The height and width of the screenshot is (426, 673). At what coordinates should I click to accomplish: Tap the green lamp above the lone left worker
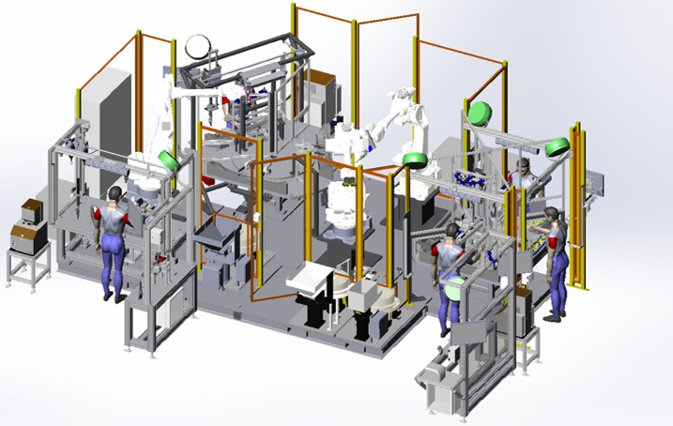[169, 159]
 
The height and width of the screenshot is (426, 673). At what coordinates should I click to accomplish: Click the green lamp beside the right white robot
[415, 159]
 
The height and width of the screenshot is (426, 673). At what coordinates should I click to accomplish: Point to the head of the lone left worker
[115, 194]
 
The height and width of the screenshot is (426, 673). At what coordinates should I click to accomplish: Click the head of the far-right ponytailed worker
[551, 217]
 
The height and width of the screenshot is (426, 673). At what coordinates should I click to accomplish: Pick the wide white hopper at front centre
[309, 279]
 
